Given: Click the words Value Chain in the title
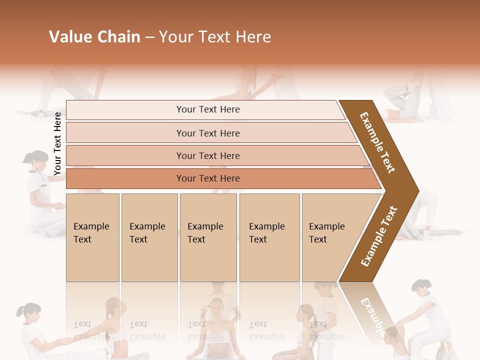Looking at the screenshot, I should click(94, 37).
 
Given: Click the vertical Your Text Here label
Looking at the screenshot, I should click(57, 143).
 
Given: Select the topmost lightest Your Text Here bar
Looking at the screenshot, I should click(207, 109).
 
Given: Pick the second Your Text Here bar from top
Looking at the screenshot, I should click(207, 133).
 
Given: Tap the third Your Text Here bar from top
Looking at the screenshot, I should click(207, 155).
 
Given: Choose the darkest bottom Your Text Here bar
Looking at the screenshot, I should click(207, 178).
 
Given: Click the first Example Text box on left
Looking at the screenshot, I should click(92, 237).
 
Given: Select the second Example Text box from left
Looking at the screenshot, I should click(149, 237).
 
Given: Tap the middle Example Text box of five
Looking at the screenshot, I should click(208, 237).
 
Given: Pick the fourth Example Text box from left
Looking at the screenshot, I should click(269, 237).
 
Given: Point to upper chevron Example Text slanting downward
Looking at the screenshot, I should click(377, 142).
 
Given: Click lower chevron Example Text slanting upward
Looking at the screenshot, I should click(379, 236).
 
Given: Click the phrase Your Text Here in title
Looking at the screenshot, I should click(215, 37).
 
